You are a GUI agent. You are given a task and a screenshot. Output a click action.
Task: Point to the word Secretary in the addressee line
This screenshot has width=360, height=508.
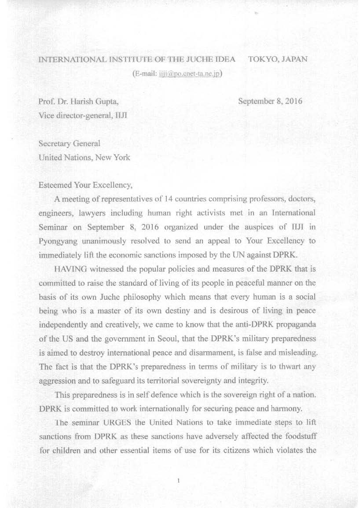(x=55, y=144)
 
